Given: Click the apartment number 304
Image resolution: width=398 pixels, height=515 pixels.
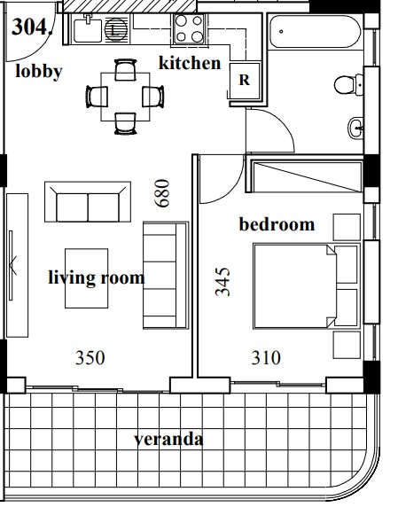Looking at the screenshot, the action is (32, 27).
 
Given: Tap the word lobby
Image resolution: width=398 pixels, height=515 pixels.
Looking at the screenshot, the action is (39, 72).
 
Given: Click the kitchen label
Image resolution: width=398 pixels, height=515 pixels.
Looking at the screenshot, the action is (190, 63).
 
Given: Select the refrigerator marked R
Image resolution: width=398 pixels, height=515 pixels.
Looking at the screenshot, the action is (245, 81).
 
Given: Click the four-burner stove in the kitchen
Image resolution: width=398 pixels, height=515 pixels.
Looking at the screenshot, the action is (189, 29).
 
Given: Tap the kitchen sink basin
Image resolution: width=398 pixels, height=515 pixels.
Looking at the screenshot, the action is (88, 30).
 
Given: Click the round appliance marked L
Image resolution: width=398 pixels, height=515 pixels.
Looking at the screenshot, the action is (116, 30).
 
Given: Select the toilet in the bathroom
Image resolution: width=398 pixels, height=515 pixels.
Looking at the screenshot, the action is (348, 85).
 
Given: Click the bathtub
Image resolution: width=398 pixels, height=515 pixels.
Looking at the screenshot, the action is (316, 32).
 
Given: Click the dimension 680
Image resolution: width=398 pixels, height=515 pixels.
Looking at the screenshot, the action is (162, 193).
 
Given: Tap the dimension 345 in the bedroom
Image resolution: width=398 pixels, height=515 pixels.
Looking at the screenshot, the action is (222, 282).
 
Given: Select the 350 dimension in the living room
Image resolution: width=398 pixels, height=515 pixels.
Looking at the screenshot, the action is (90, 358).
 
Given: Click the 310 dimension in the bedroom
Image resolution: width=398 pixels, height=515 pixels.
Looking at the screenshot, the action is (266, 358).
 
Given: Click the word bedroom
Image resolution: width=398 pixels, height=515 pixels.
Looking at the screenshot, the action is (277, 224).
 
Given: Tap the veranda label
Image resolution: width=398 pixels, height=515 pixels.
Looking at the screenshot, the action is (168, 439).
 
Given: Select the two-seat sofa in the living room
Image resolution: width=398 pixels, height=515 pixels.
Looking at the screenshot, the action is (88, 202).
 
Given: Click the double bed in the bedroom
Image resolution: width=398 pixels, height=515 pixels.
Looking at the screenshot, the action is (307, 286).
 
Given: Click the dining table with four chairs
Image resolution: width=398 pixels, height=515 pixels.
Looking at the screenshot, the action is (125, 97).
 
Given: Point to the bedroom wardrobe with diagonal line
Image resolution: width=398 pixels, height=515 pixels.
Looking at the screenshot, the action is (307, 176).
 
